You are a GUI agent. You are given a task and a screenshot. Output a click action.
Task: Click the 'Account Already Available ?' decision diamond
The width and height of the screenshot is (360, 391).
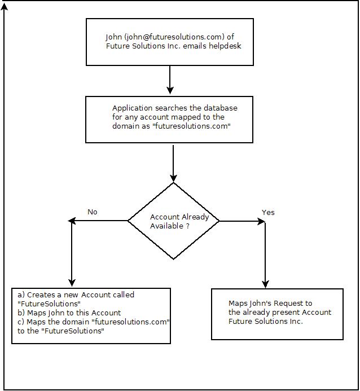[174, 221]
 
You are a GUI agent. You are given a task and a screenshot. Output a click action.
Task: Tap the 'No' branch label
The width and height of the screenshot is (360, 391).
[92, 212]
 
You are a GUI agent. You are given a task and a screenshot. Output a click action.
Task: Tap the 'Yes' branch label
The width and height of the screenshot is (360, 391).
[268, 213]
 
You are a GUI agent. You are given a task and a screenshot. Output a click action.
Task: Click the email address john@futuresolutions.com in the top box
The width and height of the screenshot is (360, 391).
[174, 37]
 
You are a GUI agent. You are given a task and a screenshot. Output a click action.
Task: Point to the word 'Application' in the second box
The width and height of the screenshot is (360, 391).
[132, 108]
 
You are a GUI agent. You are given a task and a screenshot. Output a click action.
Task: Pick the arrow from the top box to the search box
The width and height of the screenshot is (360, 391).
[170, 80]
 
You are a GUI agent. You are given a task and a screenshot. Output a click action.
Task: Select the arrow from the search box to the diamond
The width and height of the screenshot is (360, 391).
[173, 164]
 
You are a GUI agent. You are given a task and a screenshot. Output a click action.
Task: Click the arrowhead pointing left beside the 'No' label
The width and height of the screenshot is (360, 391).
[72, 221]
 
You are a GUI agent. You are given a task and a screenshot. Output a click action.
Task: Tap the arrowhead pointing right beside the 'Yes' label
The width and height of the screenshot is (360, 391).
[261, 221]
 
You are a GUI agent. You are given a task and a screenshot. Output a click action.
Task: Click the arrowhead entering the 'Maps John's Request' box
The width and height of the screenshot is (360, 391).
[265, 284]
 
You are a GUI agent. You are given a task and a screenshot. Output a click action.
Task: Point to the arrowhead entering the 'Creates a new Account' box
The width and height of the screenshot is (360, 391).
[72, 283]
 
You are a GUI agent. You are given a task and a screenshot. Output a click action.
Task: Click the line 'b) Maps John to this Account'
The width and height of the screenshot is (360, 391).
[69, 313]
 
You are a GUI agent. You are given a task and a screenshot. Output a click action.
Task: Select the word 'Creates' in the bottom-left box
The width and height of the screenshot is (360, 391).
[41, 295]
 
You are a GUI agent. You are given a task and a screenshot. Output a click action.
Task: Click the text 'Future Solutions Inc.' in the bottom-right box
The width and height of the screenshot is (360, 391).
[266, 321]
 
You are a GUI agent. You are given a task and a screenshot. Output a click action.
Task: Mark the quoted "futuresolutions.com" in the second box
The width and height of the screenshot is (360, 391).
[191, 126]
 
